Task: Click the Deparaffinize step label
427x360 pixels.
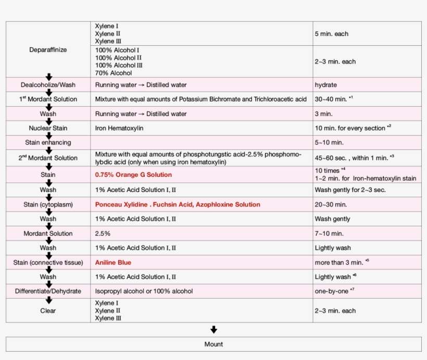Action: tap(48, 50)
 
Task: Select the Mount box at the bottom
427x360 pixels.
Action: tap(213, 344)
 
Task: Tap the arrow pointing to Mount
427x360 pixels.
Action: tap(213, 330)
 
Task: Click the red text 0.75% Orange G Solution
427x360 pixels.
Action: tap(133, 175)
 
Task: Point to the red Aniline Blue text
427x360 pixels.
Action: tap(113, 263)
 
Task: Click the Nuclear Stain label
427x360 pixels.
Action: tap(48, 128)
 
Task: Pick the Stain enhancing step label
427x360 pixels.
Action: tap(48, 143)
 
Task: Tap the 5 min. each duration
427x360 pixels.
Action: tap(332, 34)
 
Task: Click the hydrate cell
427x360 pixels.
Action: tap(326, 85)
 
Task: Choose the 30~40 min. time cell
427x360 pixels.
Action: tap(334, 99)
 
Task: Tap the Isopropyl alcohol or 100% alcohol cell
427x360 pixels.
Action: tap(144, 291)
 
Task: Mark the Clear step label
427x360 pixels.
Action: tap(48, 311)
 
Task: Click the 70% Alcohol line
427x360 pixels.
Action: tap(114, 73)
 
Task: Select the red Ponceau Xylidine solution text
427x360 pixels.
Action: tap(178, 204)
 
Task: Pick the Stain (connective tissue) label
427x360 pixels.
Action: tap(48, 263)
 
